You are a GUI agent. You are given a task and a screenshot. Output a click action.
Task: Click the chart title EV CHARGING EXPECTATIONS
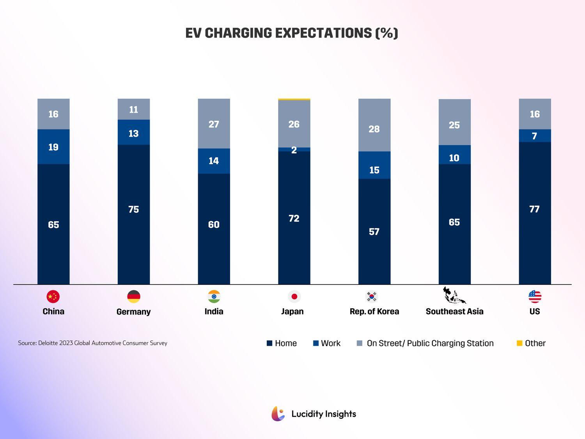click(292, 33)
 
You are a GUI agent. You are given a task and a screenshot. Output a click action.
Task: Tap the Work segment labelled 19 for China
click(53, 147)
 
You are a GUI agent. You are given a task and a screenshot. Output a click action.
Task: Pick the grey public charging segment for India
click(214, 124)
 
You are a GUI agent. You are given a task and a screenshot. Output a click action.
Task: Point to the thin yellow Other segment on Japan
click(294, 100)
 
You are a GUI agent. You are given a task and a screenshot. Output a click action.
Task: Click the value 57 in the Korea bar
click(374, 232)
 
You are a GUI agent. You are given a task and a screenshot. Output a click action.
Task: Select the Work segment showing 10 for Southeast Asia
click(454, 155)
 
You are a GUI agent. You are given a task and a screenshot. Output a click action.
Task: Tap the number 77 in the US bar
click(534, 209)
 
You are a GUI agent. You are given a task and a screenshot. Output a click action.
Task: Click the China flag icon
click(53, 297)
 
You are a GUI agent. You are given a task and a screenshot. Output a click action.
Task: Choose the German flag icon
click(134, 297)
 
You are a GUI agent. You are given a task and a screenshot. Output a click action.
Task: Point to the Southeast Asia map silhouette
click(454, 296)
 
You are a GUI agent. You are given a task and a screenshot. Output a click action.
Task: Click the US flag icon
click(535, 297)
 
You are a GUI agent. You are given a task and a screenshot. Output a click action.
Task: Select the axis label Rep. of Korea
click(374, 311)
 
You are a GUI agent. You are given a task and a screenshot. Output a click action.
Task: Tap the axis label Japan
click(292, 311)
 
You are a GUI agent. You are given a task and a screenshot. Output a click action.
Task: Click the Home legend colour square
click(269, 343)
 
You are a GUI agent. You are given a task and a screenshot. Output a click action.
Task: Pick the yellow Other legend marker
click(519, 343)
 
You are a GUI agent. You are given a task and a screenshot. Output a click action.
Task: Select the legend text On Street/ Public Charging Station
click(430, 343)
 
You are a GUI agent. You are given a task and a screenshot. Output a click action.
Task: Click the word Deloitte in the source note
click(48, 343)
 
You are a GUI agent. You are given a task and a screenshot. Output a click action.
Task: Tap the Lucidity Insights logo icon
click(278, 414)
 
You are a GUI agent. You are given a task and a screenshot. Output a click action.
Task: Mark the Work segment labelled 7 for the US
click(535, 136)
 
